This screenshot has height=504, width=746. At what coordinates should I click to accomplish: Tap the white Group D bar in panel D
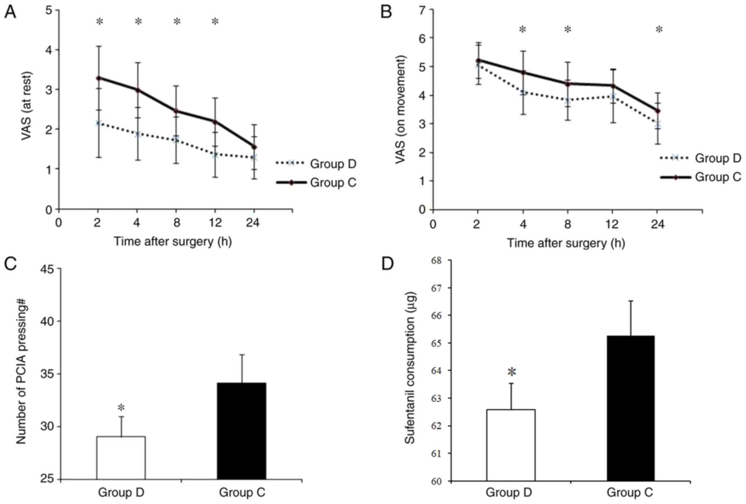(x=511, y=445)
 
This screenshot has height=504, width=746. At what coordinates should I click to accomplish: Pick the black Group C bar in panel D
(x=630, y=408)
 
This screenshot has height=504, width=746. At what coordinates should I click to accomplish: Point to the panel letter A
(x=10, y=12)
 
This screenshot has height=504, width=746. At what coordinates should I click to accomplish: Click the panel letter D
(x=388, y=263)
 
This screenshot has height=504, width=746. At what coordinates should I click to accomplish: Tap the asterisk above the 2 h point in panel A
(x=100, y=22)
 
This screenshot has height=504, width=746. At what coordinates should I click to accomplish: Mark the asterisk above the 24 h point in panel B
(x=659, y=30)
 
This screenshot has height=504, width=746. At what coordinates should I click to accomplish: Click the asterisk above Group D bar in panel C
(x=121, y=408)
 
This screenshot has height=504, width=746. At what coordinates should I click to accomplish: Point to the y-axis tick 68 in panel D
(x=436, y=261)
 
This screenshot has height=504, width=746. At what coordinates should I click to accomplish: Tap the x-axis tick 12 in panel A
(x=215, y=223)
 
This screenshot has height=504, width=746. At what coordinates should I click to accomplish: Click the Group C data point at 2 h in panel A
(x=98, y=78)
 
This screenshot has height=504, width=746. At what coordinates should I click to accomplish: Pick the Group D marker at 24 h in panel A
(x=254, y=158)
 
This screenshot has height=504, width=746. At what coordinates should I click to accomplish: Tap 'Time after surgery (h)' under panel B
(x=566, y=243)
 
